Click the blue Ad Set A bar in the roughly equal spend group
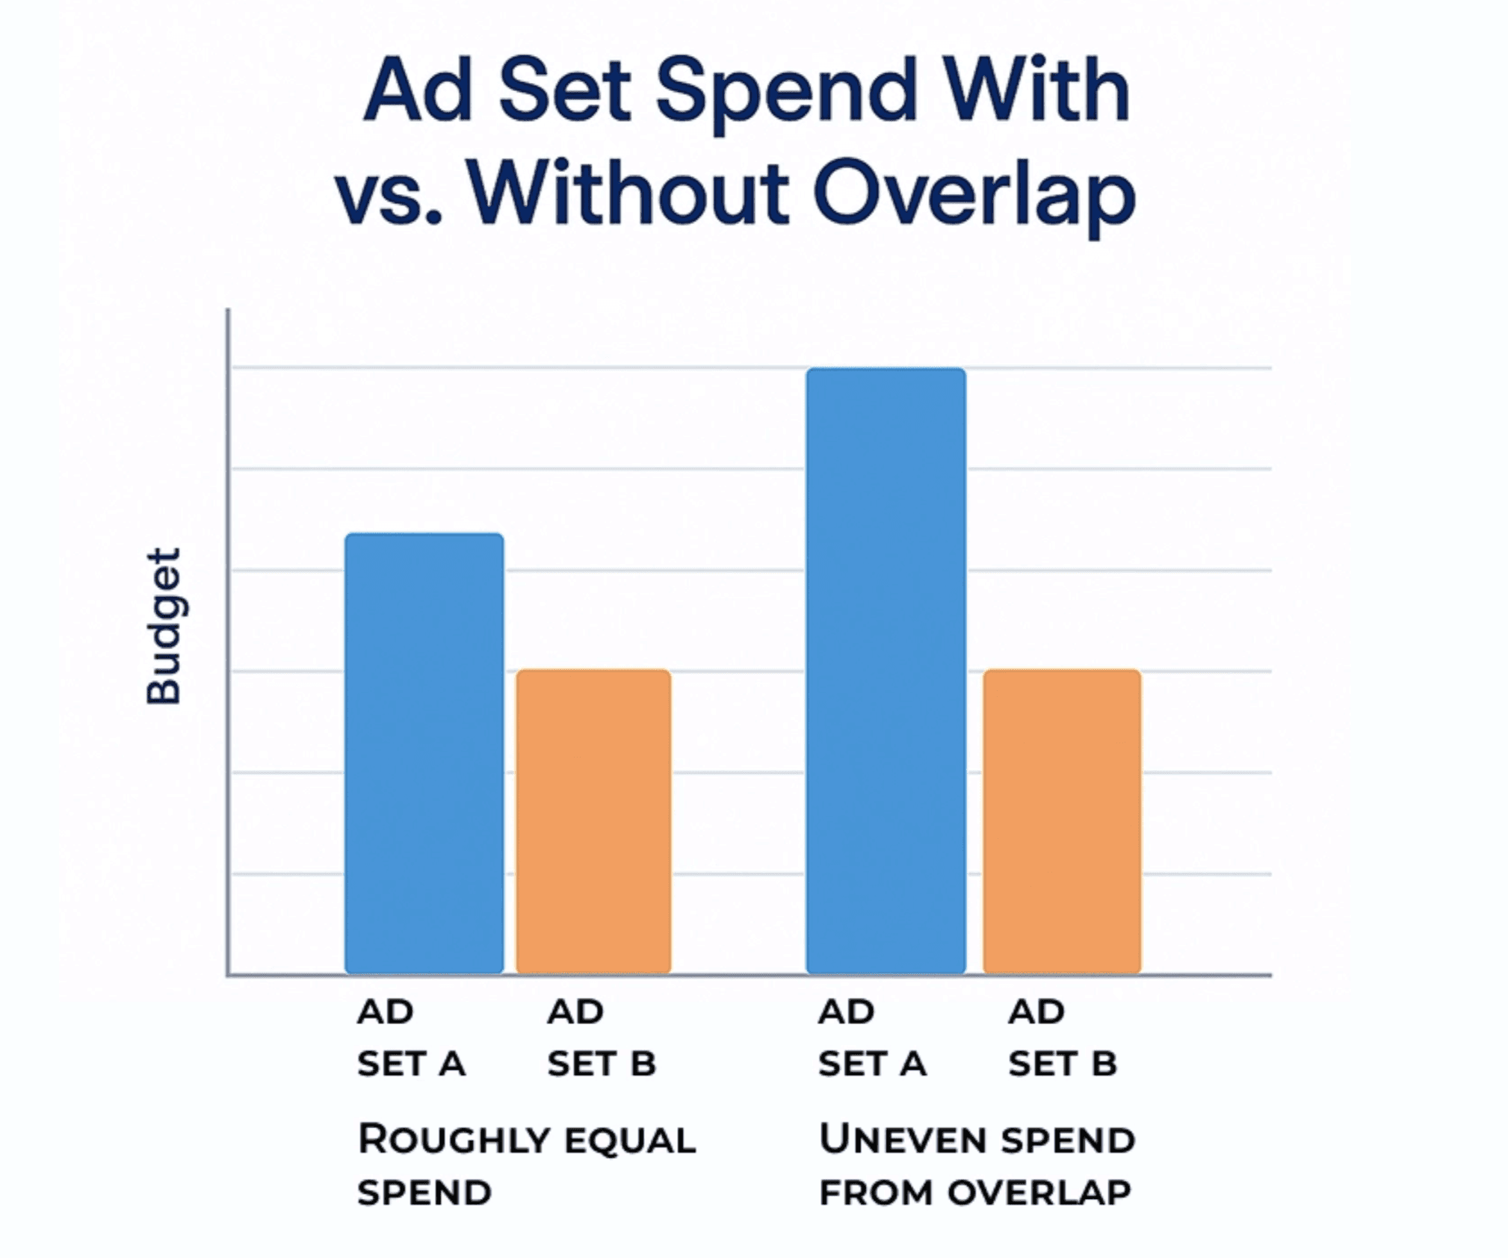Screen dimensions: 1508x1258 pyautogui.click(x=424, y=753)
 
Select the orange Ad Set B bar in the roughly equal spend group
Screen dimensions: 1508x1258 pyautogui.click(x=593, y=822)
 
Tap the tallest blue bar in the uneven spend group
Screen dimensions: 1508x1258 pyautogui.click(x=886, y=671)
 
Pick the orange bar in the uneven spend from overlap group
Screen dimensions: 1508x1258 pyautogui.click(x=1062, y=822)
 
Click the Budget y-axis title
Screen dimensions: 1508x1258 pyautogui.click(x=164, y=626)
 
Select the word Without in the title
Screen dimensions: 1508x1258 pyautogui.click(x=628, y=191)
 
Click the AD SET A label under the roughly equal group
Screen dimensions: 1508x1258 pyautogui.click(x=411, y=1038)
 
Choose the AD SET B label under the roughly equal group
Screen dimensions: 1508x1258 pyautogui.click(x=602, y=1038)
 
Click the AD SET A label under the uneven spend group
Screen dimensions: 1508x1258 pyautogui.click(x=872, y=1038)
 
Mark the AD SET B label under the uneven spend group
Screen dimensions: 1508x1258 pyautogui.click(x=1062, y=1038)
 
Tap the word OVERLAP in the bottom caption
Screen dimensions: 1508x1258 pyautogui.click(x=1039, y=1193)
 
